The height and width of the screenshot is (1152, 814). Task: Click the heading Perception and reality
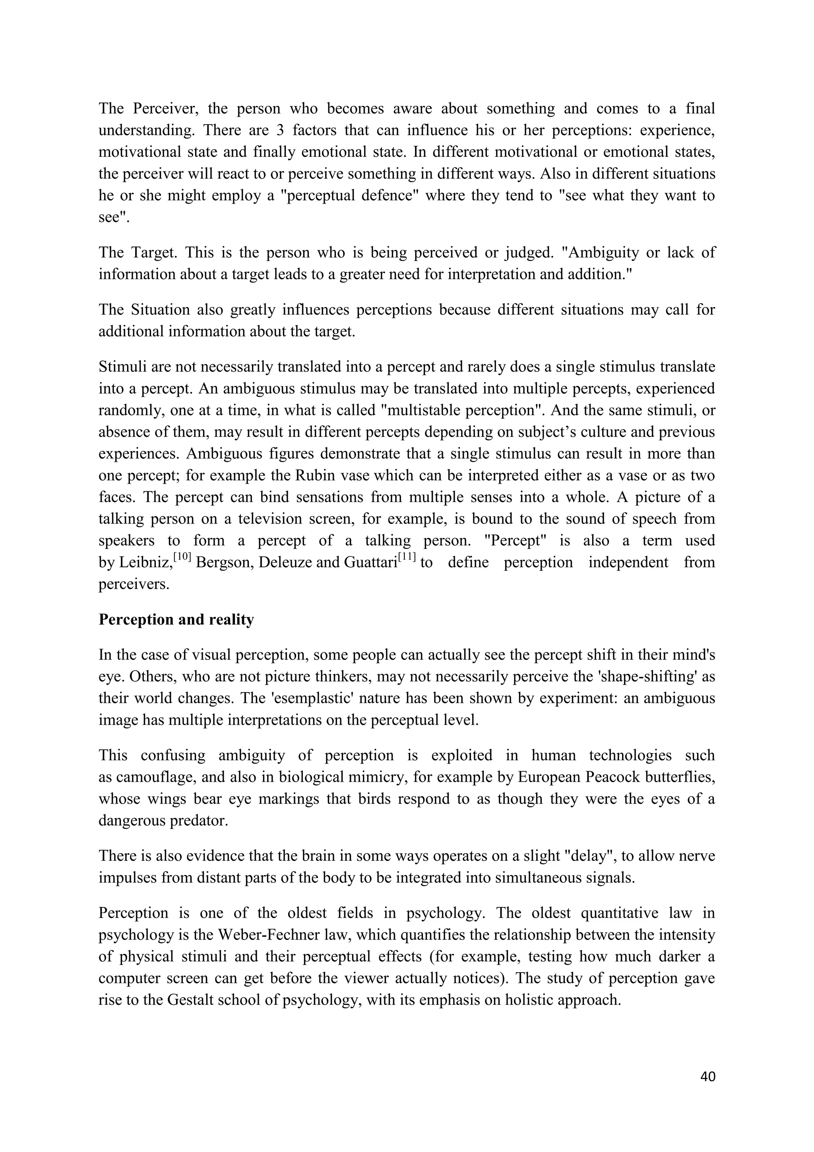click(176, 620)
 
